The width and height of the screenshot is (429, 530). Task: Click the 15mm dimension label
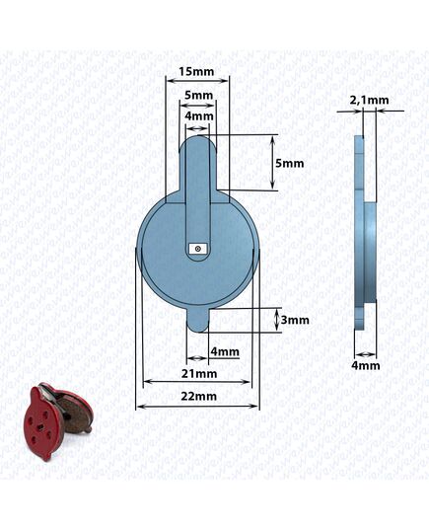pos(196,72)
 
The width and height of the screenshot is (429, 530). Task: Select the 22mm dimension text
pos(198,396)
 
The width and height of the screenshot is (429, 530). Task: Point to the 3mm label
pos(295,320)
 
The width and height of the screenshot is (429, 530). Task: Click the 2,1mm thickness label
pos(369,100)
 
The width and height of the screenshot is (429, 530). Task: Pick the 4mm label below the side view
pos(366,365)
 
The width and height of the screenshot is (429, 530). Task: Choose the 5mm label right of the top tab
pos(290,163)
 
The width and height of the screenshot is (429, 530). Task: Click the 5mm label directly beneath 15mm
pos(199,96)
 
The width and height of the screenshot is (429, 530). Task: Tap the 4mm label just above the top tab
pos(199,115)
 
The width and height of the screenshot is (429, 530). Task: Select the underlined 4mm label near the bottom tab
pos(225,352)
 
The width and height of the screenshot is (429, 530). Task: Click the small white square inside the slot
pos(198,249)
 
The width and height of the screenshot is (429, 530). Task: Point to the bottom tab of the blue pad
pos(198,321)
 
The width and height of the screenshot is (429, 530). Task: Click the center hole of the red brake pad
pos(40,427)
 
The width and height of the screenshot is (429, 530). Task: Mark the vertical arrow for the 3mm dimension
pos(277,320)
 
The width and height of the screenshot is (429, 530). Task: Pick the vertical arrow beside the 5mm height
pos(273,163)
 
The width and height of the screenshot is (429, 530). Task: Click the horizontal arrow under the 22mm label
pos(197,407)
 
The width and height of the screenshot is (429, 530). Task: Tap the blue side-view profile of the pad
pos(365,232)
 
